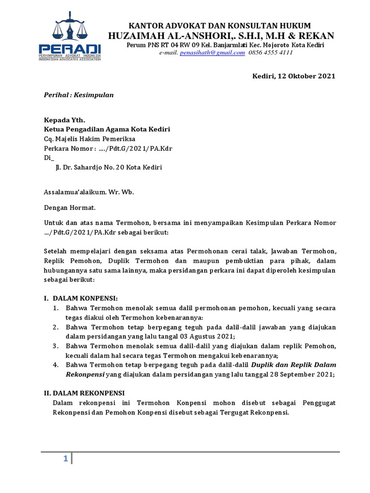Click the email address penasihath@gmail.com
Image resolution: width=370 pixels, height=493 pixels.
tap(212, 53)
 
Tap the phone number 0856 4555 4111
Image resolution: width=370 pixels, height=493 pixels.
tap(271, 53)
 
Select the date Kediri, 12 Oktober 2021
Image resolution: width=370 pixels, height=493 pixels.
tap(294, 77)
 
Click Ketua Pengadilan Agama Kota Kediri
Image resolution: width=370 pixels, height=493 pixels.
tap(107, 130)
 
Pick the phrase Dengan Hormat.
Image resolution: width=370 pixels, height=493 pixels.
tap(70, 208)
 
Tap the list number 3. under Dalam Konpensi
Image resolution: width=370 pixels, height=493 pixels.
tap(56, 346)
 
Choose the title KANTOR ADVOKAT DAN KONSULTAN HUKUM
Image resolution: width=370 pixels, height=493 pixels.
tap(219, 26)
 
